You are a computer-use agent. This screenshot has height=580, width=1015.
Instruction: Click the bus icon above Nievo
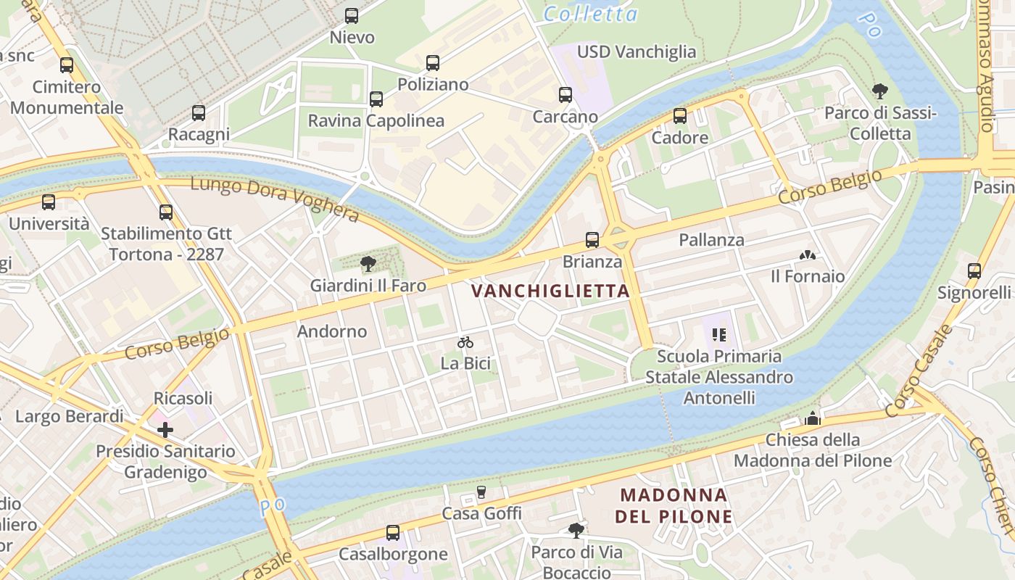tap(352, 15)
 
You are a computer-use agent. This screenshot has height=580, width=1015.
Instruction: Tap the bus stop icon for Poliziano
tap(433, 63)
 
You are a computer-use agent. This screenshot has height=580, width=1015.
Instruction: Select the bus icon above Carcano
tap(565, 95)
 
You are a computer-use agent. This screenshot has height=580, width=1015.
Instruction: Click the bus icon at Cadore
tap(680, 116)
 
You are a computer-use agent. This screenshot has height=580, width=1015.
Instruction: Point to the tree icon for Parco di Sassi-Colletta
tap(880, 91)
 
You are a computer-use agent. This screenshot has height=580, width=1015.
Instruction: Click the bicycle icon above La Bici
tap(465, 342)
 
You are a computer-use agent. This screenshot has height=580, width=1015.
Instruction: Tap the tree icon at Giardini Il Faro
tap(368, 264)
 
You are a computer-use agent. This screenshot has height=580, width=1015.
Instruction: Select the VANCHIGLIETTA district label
tap(550, 291)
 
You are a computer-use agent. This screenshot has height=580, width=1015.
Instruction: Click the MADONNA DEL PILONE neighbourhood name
tap(674, 506)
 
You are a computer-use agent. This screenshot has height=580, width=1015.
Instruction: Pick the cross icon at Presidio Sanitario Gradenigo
tap(165, 430)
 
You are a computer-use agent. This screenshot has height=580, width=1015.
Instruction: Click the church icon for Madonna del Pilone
tap(813, 418)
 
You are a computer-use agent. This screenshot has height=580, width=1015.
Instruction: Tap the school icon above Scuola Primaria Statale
tap(719, 335)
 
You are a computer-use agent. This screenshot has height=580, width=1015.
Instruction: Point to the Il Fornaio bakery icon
tap(807, 255)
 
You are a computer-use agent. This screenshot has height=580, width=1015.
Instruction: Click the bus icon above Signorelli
tap(974, 271)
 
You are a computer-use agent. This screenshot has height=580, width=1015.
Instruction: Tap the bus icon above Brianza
tap(592, 240)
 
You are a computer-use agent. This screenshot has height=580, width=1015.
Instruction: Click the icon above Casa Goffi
tap(481, 492)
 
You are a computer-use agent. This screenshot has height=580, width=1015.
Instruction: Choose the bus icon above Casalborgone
tap(393, 533)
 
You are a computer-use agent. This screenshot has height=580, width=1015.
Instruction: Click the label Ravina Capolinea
tap(376, 120)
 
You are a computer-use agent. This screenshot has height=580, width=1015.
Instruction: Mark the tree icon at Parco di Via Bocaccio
tap(576, 531)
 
